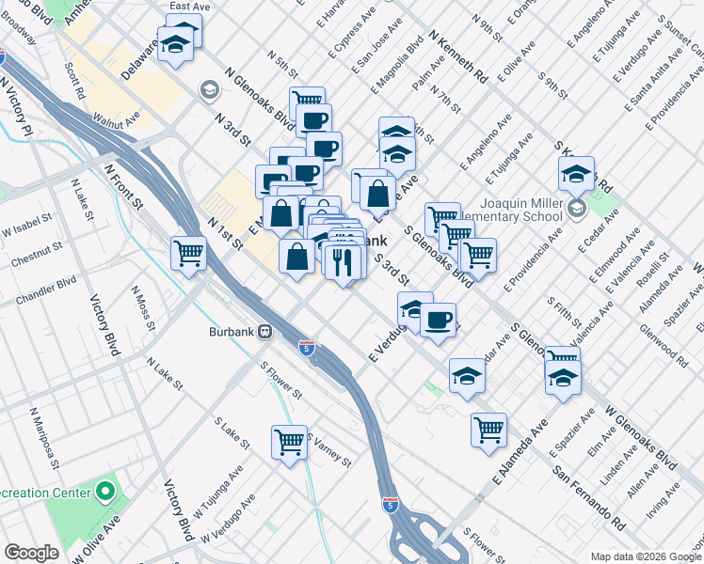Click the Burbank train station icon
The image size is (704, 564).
point(266,332)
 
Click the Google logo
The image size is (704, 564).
point(31,553)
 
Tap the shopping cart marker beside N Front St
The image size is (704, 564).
point(188,252)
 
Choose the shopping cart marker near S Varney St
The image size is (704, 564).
point(289,441)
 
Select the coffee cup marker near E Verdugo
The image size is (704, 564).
point(437,319)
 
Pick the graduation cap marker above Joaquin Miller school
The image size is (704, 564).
point(576,172)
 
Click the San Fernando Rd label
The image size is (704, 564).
point(589,495)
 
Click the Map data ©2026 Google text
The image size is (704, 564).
point(645,556)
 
